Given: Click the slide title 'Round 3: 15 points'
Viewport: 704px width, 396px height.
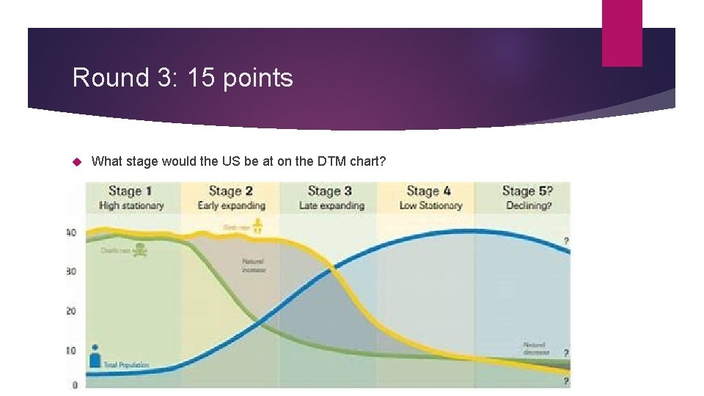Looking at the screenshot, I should [x=183, y=78].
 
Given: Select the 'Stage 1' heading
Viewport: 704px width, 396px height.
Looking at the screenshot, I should [x=131, y=191].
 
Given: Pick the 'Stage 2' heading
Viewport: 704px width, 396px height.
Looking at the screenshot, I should [x=231, y=191].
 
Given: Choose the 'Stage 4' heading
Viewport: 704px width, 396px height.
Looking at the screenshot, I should [x=429, y=191].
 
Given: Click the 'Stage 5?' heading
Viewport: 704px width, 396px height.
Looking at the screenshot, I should [x=528, y=191].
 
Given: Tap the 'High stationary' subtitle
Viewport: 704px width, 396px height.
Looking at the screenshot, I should [x=131, y=205].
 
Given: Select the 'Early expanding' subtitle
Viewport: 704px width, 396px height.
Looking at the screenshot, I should [x=231, y=205].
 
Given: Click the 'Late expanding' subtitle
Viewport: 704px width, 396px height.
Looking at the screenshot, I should [x=331, y=205].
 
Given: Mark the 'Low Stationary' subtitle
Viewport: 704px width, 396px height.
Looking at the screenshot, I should [x=430, y=205].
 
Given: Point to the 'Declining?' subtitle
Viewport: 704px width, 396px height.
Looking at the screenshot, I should [x=529, y=205].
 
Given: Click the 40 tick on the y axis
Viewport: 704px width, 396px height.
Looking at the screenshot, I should [x=71, y=233].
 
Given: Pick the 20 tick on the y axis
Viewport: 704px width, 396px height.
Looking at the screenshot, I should [x=71, y=311].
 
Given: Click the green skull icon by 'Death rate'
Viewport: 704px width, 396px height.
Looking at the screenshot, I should [x=140, y=251].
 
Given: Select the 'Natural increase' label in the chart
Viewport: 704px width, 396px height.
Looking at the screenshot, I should [x=252, y=265].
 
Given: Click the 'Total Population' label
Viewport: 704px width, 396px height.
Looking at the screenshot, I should [x=127, y=364].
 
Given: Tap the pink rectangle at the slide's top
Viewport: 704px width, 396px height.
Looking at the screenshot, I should [x=622, y=32].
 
